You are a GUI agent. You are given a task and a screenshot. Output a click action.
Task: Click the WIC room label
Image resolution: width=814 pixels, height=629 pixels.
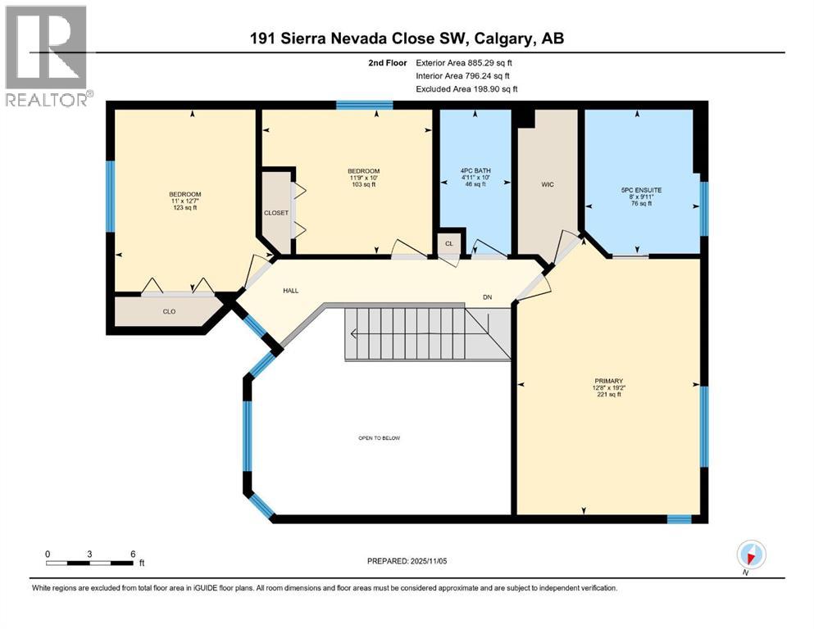click(548, 184)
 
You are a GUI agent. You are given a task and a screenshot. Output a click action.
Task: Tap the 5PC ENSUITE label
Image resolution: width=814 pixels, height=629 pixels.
click(641, 190)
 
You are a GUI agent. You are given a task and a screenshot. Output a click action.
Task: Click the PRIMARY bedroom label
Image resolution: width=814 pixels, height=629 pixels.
click(609, 381)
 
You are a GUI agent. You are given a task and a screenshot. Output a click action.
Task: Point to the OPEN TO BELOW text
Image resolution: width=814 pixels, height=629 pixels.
click(379, 438)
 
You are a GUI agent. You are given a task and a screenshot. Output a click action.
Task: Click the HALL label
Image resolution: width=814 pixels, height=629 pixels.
click(290, 291)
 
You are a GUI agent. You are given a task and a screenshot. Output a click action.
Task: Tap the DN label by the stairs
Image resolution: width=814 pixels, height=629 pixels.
click(487, 298)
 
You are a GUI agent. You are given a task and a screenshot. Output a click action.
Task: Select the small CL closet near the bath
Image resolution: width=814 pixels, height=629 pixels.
click(448, 243)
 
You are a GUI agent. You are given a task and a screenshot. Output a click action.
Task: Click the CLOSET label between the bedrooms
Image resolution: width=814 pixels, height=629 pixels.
click(275, 212)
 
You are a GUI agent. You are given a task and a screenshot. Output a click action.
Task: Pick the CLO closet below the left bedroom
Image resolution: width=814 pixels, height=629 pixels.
click(169, 310)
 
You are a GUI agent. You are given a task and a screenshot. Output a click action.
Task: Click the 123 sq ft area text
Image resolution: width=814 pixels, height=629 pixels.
click(184, 208)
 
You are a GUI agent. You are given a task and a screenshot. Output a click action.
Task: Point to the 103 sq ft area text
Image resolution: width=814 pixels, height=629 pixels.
click(363, 184)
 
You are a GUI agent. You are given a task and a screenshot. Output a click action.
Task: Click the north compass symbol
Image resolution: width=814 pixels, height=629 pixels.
click(751, 554)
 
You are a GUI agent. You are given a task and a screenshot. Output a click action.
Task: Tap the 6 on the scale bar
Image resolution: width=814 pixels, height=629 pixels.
click(132, 553)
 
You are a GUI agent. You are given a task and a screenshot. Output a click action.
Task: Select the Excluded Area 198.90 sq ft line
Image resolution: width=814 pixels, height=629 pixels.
click(466, 88)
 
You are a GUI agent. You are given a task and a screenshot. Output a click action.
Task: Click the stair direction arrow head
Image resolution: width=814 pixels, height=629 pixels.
click(352, 333)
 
